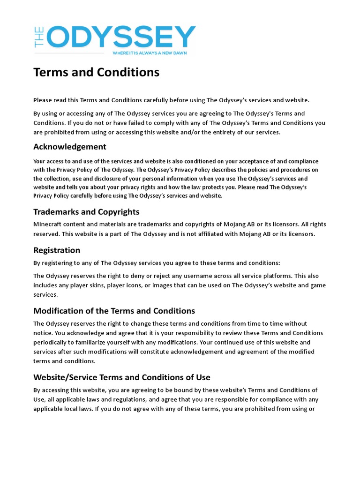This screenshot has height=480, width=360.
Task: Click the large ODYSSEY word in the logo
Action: click(x=122, y=37)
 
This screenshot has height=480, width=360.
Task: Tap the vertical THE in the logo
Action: click(x=39, y=37)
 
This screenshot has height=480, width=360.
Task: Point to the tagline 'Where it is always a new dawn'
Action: click(x=150, y=53)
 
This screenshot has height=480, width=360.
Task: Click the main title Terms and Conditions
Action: click(x=96, y=72)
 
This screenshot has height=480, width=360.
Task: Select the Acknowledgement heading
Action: click(x=70, y=147)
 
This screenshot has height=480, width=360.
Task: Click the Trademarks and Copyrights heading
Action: click(x=86, y=212)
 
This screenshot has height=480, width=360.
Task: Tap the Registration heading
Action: click(x=57, y=250)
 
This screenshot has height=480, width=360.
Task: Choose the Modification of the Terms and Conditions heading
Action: click(x=114, y=311)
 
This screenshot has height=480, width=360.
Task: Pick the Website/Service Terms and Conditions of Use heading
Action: click(x=122, y=377)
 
